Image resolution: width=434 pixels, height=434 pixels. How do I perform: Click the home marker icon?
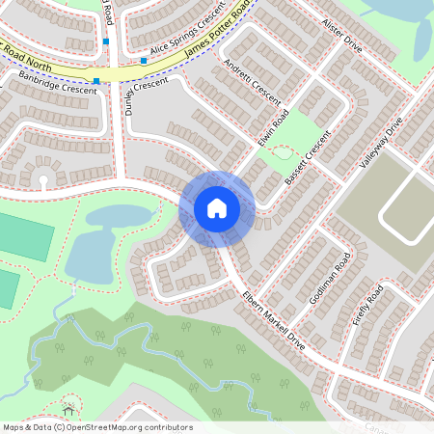(217, 208)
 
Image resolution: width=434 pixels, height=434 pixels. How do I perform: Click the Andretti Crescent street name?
(252, 83)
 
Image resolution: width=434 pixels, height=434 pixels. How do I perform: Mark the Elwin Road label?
(273, 131)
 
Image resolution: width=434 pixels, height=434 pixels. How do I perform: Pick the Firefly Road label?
(368, 305)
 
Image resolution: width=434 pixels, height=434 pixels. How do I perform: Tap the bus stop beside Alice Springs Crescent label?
(144, 61)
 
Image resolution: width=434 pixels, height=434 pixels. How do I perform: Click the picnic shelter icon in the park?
(68, 402)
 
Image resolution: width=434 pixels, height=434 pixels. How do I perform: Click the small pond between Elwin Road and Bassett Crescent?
(282, 151)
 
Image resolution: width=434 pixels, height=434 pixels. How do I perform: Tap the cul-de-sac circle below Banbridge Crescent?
(42, 181)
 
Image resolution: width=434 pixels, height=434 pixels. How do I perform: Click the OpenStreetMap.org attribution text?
(130, 426)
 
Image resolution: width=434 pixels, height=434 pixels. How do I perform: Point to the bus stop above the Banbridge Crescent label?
(96, 81)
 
